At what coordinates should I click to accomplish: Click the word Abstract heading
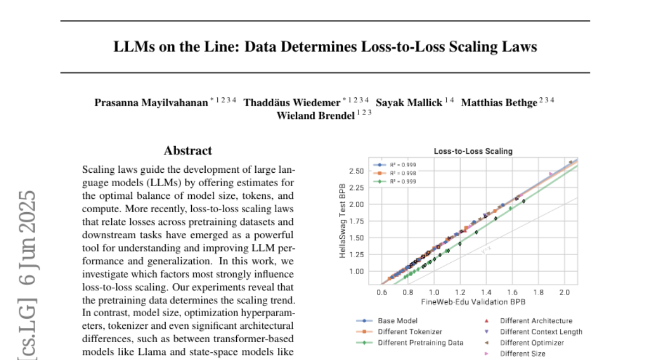[187, 151]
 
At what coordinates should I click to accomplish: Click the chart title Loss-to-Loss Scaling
[473, 151]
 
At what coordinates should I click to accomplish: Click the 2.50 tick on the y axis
[356, 171]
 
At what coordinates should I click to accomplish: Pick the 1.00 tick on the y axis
[356, 271]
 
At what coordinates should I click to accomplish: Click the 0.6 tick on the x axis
[382, 292]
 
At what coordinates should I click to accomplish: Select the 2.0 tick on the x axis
[565, 292]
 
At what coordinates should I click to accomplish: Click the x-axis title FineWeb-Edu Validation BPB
[473, 302]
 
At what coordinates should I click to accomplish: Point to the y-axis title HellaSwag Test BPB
[345, 221]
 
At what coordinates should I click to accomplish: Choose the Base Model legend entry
[397, 321]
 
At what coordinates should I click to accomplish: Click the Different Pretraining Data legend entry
[420, 342]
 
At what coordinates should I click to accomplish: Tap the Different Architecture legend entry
[536, 321]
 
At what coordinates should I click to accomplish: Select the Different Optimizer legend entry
[532, 342]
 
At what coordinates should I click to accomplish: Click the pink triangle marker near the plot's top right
[551, 174]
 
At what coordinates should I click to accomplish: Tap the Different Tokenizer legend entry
[406, 332]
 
